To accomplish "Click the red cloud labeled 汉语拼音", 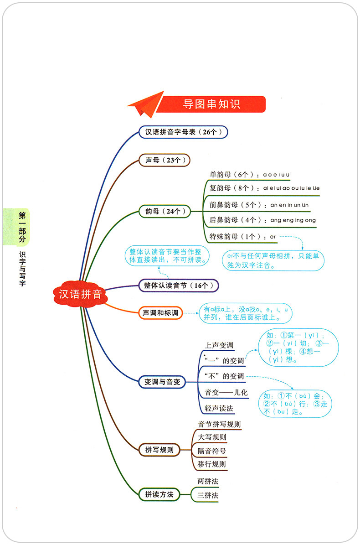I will [x=81, y=294].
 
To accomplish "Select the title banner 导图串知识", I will [x=211, y=104].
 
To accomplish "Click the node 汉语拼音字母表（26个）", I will [x=183, y=132].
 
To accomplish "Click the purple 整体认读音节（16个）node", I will [x=179, y=285].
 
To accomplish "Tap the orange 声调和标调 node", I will [x=160, y=313].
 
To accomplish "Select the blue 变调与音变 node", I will [x=162, y=382].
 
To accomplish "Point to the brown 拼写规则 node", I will [x=159, y=450].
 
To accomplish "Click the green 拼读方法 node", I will [x=159, y=494].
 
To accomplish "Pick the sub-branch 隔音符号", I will [x=212, y=451].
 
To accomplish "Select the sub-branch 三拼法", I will [x=208, y=495].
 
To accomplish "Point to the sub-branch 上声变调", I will [x=219, y=345].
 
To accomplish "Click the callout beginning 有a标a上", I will [x=245, y=314].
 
